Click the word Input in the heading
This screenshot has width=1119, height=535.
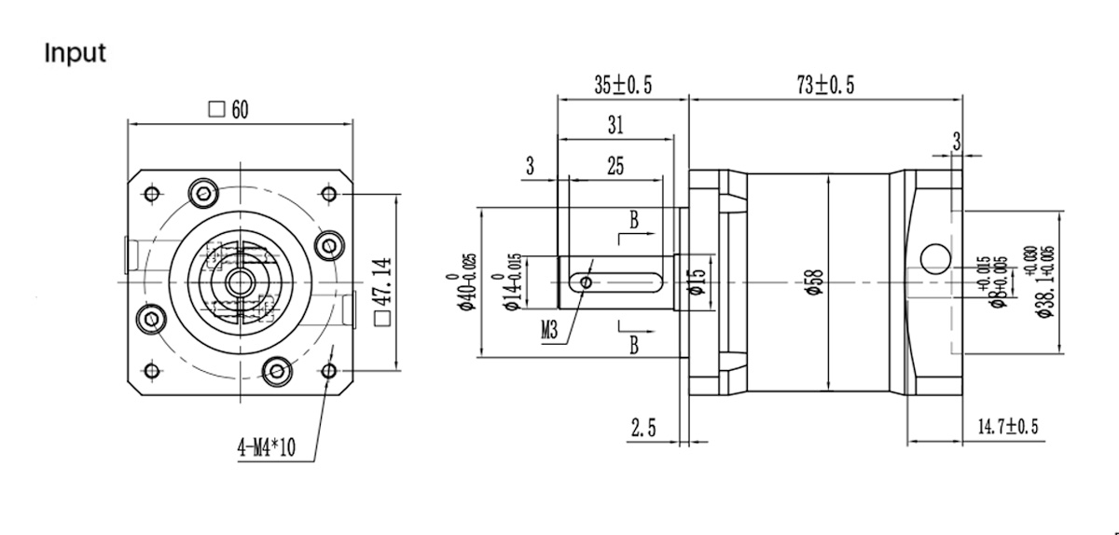coord(75,53)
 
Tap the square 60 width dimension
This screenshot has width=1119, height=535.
coord(229,110)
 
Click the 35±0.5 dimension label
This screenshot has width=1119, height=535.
coord(623,86)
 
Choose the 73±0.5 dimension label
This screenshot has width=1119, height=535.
coord(825,86)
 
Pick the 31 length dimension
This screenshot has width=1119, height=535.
coord(615,125)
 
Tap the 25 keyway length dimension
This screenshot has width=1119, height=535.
coord(615,167)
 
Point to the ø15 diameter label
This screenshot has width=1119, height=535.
coord(695,282)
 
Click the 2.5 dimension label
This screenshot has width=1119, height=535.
coord(643,428)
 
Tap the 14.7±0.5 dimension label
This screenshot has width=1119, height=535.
coord(1007,428)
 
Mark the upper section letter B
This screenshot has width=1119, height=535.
coord(633,221)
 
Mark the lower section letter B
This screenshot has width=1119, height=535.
coord(633,346)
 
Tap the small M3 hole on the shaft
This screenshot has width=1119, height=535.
coord(586,281)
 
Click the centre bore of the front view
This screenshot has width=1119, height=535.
coord(239,281)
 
